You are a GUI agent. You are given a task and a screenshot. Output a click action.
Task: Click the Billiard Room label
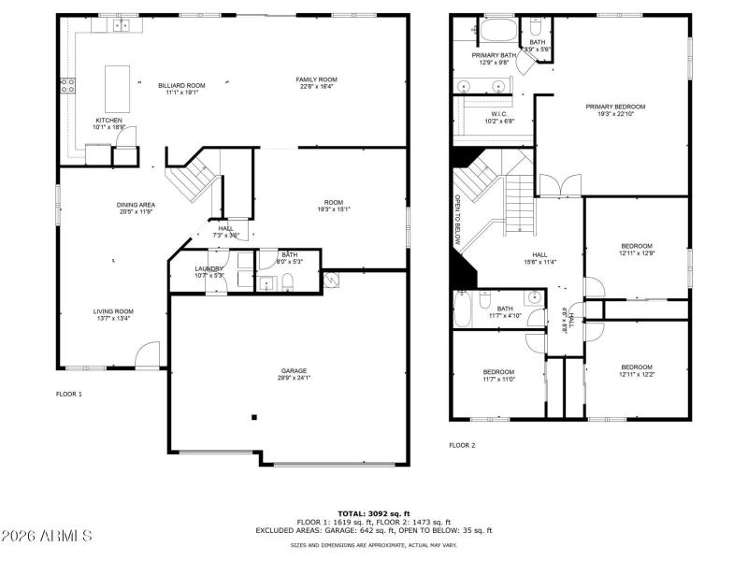pos(181,85)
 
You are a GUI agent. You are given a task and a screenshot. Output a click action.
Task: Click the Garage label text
pos(294,370)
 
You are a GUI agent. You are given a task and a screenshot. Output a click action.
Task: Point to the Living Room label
pos(113,311)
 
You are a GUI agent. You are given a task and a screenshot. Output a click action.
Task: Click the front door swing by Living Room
pos(148,354)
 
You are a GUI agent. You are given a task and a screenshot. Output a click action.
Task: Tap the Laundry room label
pos(209,268)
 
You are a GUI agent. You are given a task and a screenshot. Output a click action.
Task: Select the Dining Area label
pos(137,205)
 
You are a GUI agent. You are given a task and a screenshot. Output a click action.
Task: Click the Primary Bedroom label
pos(615,107)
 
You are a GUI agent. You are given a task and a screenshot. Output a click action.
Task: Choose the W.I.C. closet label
pos(498,113)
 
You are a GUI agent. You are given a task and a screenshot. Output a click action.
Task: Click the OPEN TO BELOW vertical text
pos(458,221)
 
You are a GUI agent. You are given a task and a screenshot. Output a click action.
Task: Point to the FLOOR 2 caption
pos(462,445)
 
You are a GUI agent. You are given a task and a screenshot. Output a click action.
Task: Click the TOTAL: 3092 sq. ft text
pos(373,513)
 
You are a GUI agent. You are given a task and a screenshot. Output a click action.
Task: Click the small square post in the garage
pos(253,418)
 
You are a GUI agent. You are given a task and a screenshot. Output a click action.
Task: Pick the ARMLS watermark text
pos(47,536)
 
